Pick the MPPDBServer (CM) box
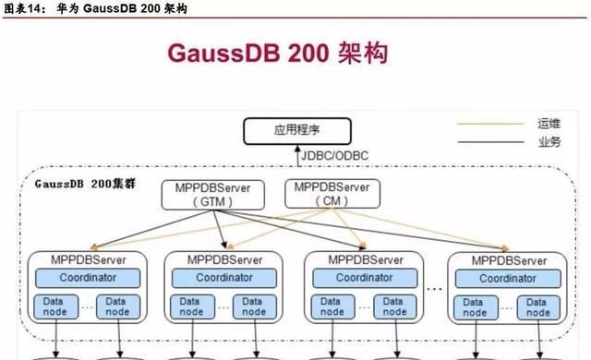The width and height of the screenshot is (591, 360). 332,193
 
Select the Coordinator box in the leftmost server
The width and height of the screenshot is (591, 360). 88,278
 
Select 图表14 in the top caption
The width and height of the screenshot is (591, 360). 19,8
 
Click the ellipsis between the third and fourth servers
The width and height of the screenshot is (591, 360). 434,288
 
